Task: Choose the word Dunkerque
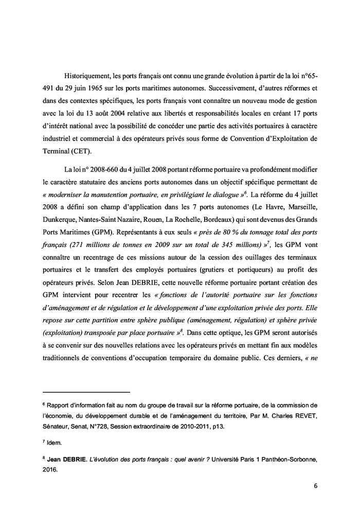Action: [60, 222]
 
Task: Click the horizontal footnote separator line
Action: [86, 392]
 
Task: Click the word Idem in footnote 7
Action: [54, 442]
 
